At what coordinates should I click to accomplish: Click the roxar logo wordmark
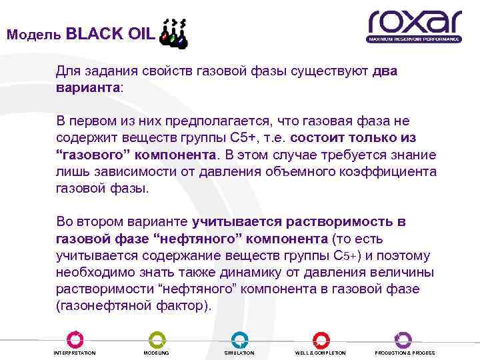414,21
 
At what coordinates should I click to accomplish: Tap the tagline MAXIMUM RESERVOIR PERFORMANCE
414,39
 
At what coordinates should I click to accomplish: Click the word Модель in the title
34,35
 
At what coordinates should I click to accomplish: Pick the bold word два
385,71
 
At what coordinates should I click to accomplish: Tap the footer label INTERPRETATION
74,353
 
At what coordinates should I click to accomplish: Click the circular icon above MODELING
157,339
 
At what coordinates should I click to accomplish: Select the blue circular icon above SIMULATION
239,339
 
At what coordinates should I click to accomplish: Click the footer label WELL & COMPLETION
321,353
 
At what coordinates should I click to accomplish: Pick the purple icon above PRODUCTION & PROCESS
403,339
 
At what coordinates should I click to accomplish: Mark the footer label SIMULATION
239,353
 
